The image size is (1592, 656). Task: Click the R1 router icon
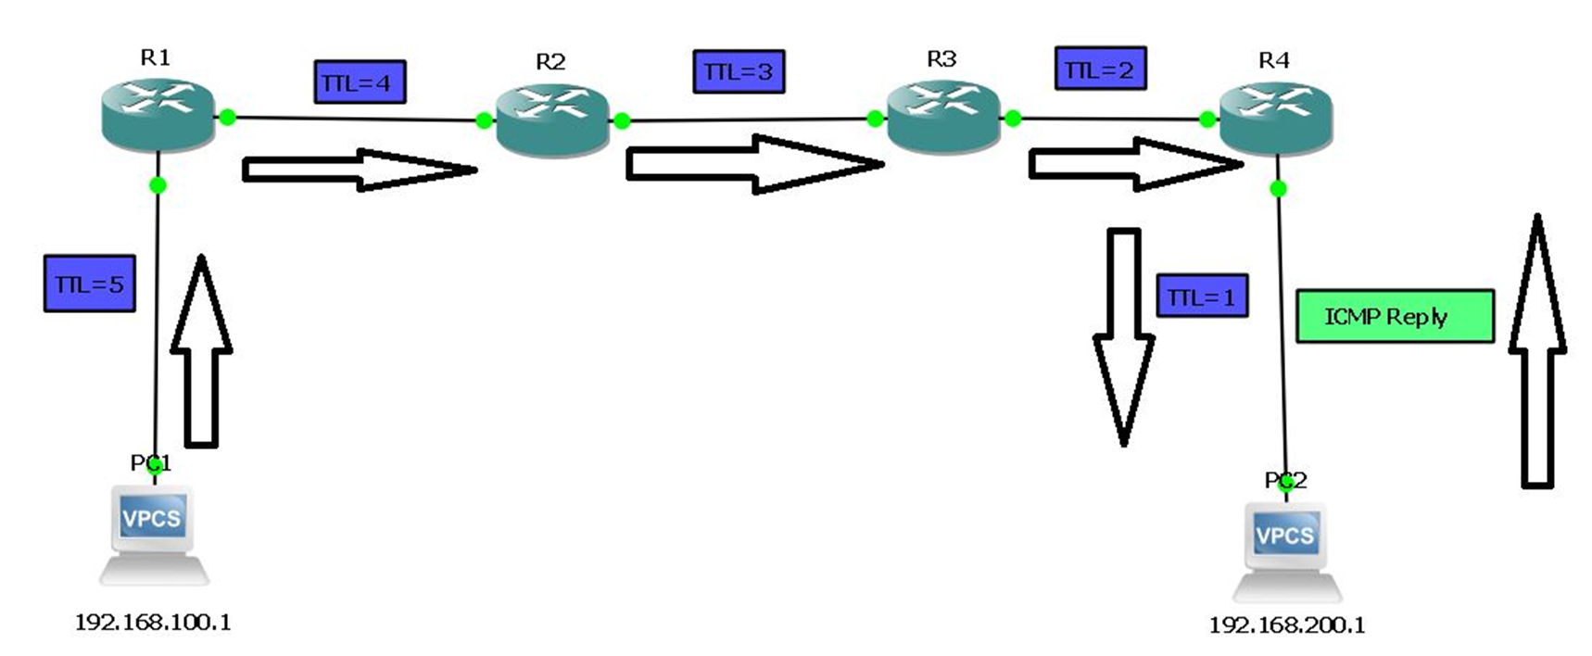158,115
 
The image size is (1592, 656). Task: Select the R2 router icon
552,120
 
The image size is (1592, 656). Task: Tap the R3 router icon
943,117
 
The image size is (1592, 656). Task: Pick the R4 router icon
1275,119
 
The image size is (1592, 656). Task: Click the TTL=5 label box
89,284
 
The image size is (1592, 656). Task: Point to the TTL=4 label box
360,82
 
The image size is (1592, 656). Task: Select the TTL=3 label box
739,71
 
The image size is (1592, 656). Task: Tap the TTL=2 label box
1100,69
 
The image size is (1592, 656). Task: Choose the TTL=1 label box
1202,296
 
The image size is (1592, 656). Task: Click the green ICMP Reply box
1394,316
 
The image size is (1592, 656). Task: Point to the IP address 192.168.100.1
153,622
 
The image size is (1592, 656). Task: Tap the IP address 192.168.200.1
1286,624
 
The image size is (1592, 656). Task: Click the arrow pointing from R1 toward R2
360,170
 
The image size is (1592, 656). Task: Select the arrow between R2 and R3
753,164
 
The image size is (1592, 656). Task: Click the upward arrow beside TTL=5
201,352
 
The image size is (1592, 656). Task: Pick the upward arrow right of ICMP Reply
1537,352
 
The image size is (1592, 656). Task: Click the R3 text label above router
941,59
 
